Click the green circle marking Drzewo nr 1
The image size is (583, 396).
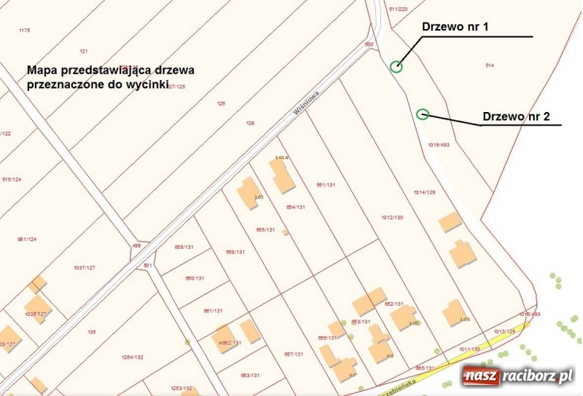(396, 67)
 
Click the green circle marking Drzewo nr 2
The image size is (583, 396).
(422, 114)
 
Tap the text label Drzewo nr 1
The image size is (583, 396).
(455, 26)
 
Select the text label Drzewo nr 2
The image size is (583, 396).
(516, 116)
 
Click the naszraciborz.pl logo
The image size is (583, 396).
(517, 376)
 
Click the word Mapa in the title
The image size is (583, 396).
(44, 71)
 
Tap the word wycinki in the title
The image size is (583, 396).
(148, 84)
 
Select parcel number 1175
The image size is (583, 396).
(25, 30)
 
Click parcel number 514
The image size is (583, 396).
(490, 66)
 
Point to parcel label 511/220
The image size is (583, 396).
(398, 9)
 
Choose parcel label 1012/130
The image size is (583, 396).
(392, 218)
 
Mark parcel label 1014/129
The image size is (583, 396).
(424, 192)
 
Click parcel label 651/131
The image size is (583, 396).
(326, 185)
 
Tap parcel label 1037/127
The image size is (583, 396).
(85, 268)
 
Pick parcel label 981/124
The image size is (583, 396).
(26, 239)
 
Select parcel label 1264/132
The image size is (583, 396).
(133, 357)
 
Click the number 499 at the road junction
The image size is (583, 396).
(136, 246)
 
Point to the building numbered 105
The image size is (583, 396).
(455, 312)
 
